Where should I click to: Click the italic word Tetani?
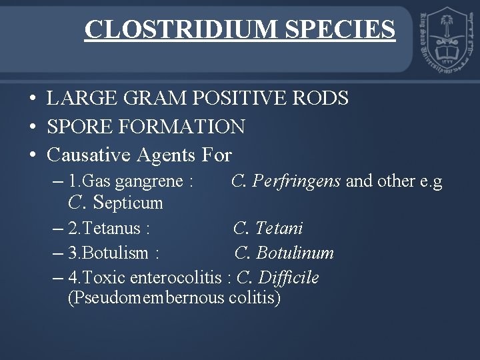click(279, 229)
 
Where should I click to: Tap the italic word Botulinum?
click(295, 253)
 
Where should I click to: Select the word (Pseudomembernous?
click(146, 297)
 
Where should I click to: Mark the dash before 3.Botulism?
click(57, 253)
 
